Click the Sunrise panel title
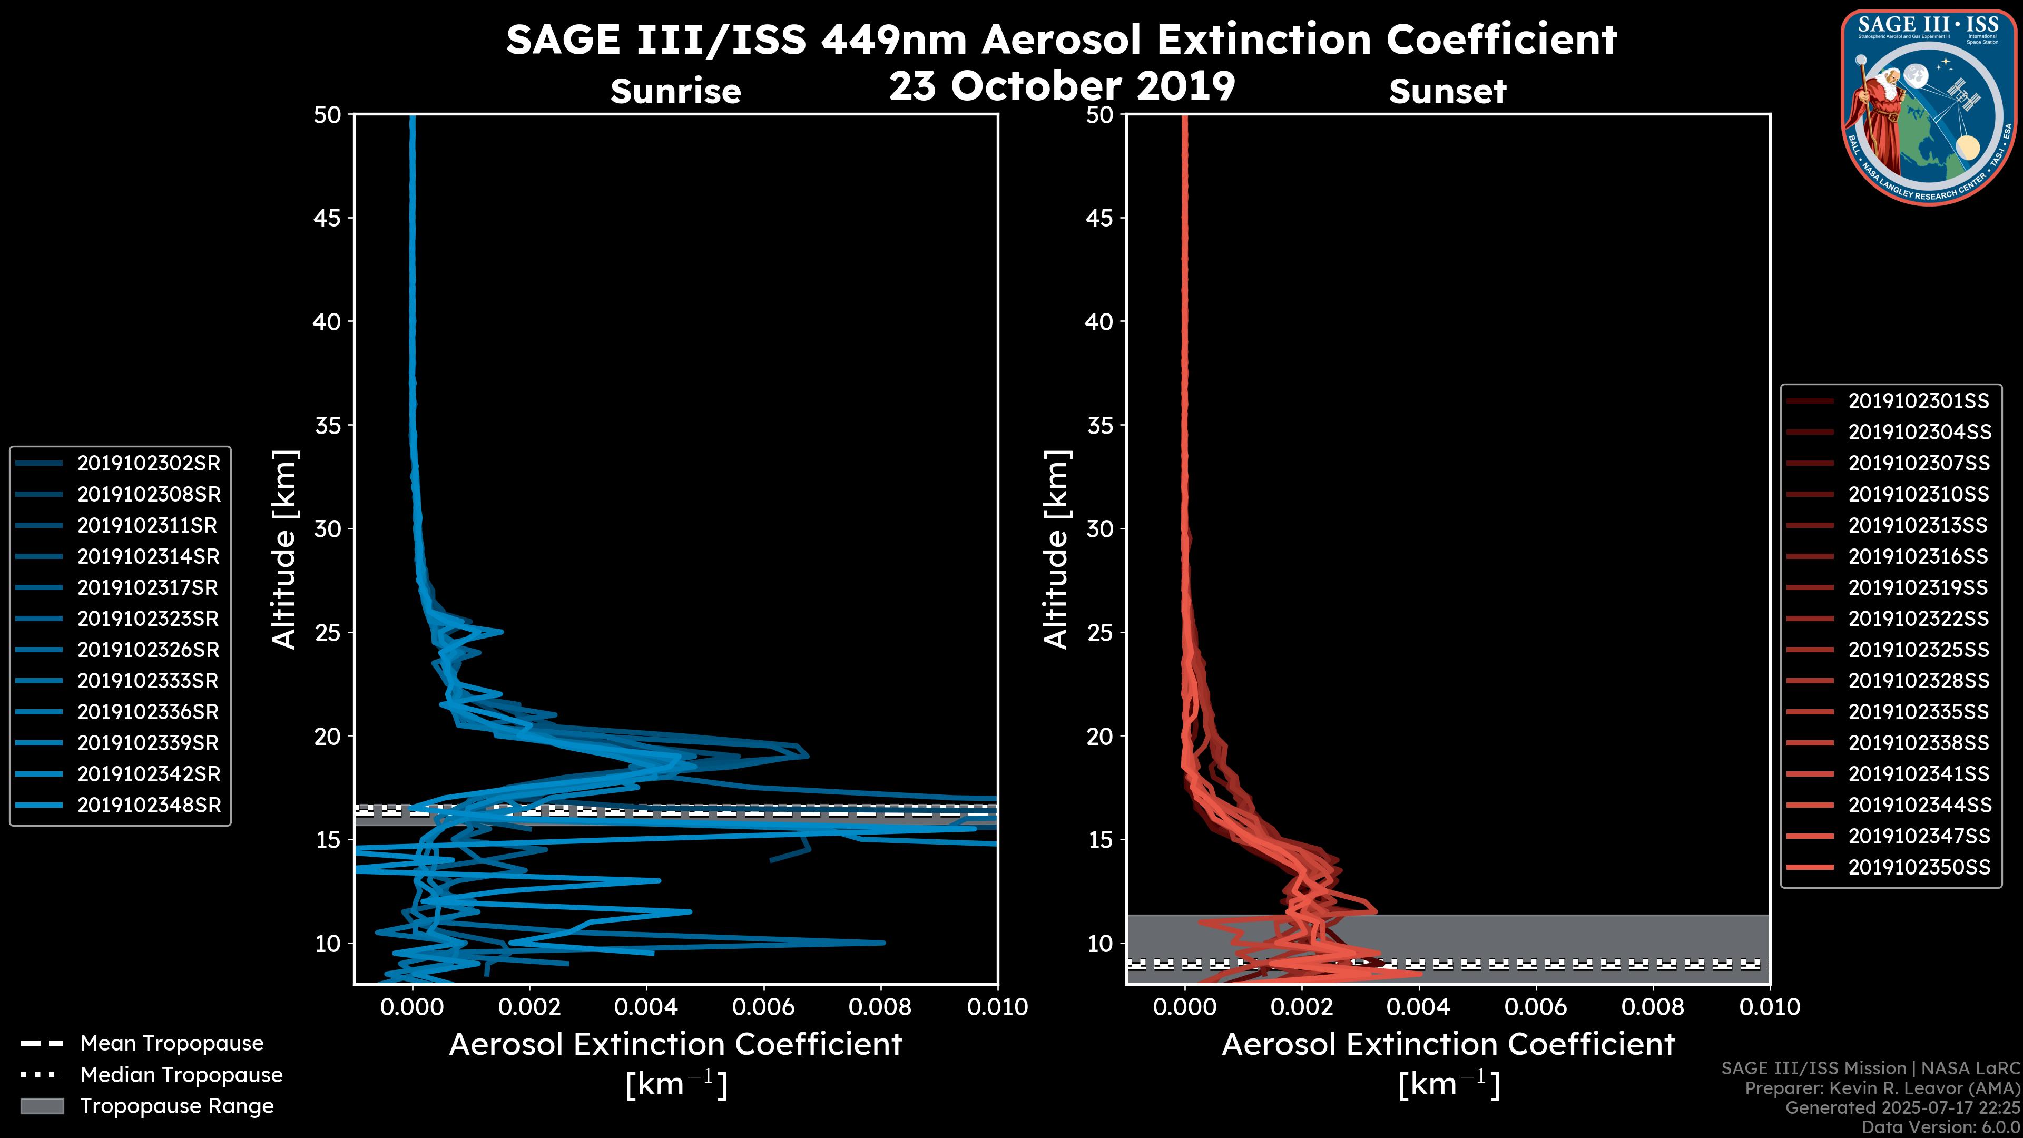click(675, 91)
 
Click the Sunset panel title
click(1447, 91)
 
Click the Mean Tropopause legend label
click(172, 1043)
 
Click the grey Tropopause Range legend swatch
click(42, 1106)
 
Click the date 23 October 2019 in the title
click(1062, 85)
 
